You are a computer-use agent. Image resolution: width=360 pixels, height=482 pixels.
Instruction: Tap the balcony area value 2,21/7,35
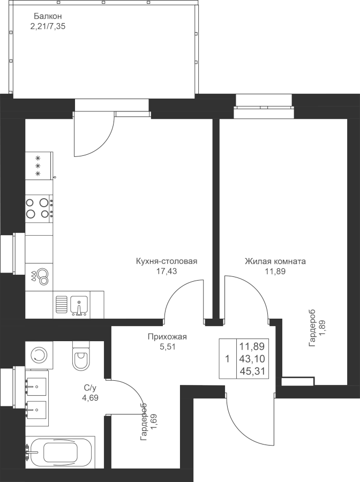(49, 25)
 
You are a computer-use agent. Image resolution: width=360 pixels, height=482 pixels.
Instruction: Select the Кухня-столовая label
(167, 261)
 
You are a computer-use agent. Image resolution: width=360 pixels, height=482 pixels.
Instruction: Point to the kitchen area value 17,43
(167, 272)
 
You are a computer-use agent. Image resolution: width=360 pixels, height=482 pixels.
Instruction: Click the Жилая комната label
(275, 261)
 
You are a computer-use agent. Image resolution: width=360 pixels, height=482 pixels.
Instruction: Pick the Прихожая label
(167, 337)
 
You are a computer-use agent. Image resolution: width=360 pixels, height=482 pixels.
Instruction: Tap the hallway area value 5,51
(167, 347)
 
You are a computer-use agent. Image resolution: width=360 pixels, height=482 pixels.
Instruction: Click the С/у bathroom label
(90, 388)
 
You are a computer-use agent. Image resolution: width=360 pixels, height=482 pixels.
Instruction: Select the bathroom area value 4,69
(90, 397)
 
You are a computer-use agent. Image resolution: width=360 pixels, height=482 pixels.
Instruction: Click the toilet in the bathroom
(82, 356)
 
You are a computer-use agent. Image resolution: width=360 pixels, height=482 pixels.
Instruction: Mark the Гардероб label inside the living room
(317, 326)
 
